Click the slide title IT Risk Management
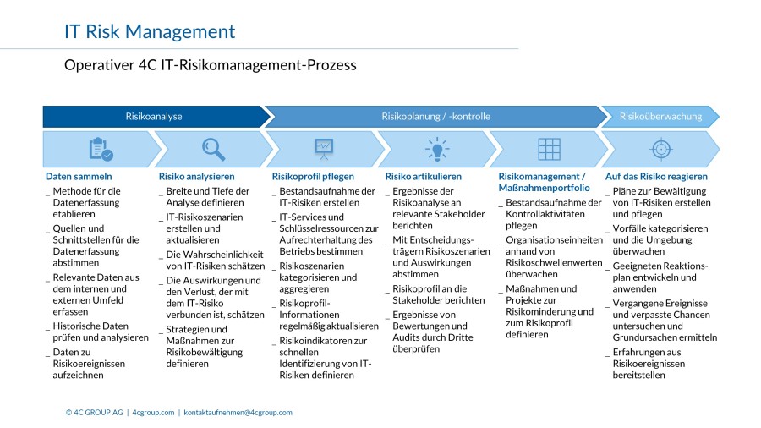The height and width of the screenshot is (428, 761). [150, 31]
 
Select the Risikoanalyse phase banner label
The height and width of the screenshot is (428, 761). [154, 117]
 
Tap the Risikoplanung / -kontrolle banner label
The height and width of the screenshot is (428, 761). [435, 117]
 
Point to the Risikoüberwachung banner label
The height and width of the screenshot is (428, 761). [660, 117]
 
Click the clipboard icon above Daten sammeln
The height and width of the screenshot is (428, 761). [101, 149]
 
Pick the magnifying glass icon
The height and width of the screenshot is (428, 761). [214, 149]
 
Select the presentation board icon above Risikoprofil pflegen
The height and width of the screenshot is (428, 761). [324, 149]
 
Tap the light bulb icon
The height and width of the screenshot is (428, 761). [437, 149]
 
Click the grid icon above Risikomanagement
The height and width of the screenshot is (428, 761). [549, 149]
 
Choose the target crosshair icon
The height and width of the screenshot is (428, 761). [661, 149]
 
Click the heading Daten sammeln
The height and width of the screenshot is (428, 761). [79, 177]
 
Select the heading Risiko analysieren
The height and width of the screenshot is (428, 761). [196, 177]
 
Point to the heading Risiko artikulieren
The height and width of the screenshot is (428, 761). [424, 177]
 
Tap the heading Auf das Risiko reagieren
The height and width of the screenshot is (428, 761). [656, 177]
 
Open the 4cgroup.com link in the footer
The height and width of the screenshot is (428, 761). [153, 413]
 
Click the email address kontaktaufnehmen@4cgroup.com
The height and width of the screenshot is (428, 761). [238, 413]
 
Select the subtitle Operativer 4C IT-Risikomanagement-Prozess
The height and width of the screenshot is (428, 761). [211, 65]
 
